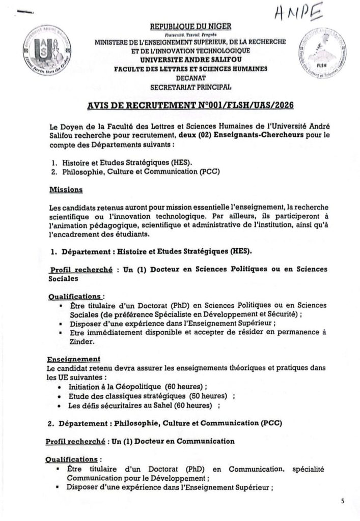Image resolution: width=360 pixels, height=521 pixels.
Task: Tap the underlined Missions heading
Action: [63, 190]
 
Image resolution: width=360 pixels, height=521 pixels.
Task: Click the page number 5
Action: [343, 501]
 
